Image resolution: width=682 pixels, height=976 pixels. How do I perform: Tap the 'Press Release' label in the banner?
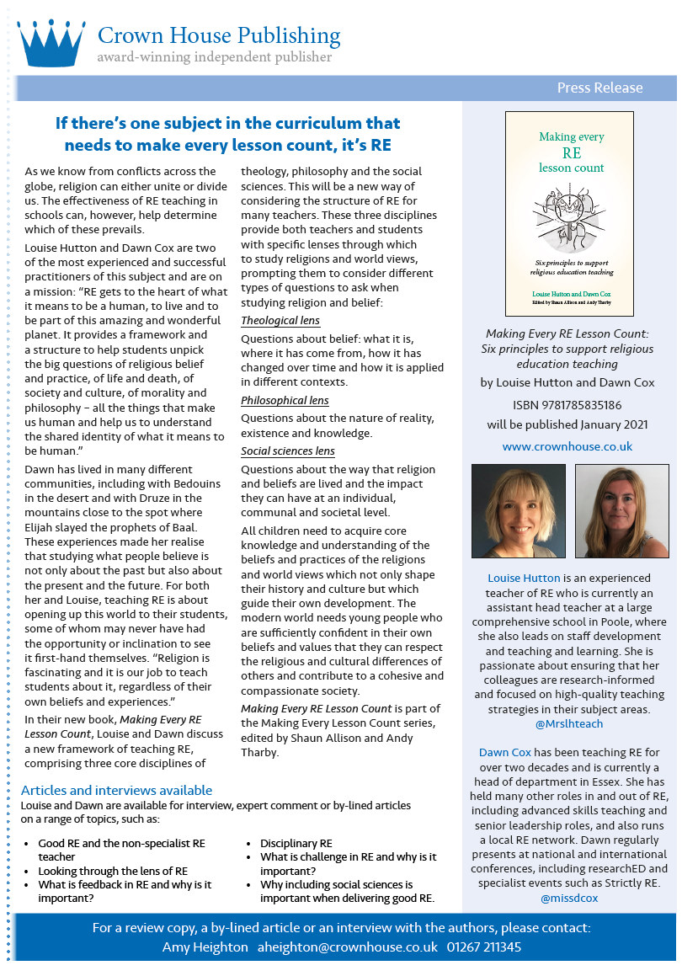click(599, 88)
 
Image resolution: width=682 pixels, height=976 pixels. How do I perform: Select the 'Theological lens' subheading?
click(280, 321)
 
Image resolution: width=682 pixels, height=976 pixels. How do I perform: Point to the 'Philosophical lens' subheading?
click(285, 401)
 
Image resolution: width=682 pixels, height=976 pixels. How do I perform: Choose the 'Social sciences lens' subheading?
click(288, 451)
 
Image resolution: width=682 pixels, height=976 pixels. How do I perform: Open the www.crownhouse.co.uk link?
click(567, 446)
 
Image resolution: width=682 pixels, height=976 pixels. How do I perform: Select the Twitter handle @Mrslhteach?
click(569, 723)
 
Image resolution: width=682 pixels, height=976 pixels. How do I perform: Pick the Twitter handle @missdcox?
click(569, 898)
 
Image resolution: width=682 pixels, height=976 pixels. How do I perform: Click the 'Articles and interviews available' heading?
click(116, 791)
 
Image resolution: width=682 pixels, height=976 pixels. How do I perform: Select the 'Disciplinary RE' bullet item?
click(296, 843)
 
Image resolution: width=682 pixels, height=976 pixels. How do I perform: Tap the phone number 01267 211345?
click(484, 947)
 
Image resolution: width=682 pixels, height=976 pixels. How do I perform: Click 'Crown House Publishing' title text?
click(219, 36)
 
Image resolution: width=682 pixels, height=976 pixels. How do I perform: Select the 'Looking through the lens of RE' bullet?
click(113, 871)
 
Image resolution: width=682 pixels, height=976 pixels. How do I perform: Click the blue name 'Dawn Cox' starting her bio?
click(504, 752)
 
